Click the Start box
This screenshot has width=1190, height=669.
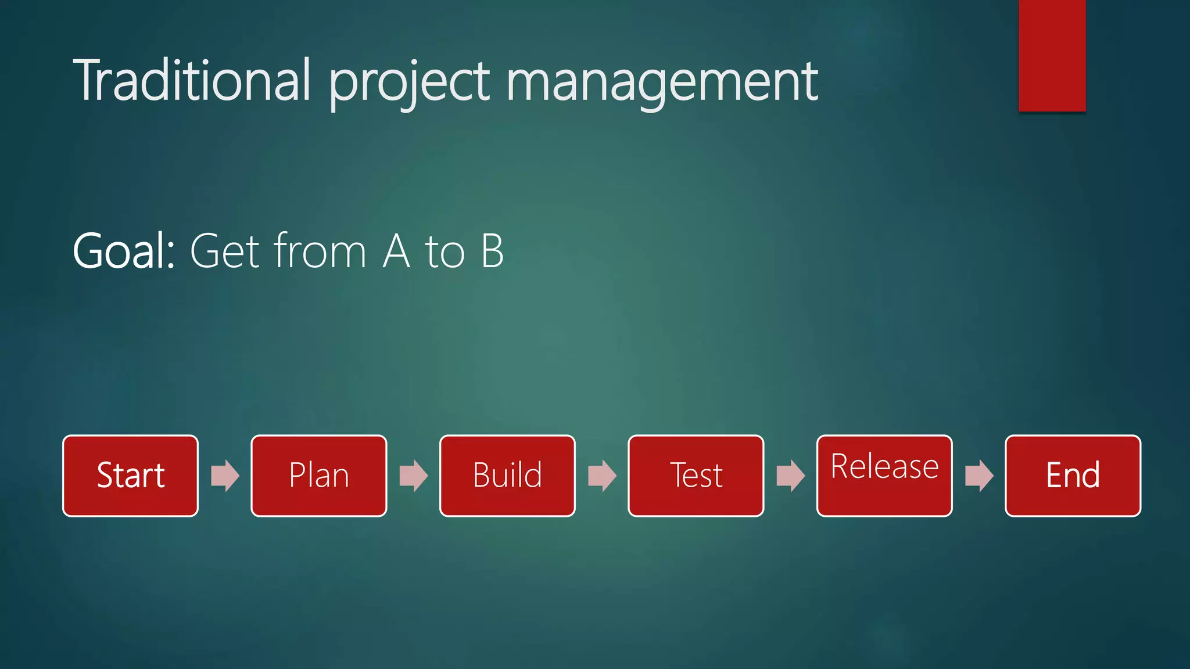130,476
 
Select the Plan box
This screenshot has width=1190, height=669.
318,476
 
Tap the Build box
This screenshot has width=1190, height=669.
507,476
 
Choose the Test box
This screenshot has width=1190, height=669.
696,476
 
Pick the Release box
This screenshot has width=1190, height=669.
884,476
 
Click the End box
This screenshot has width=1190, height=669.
1073,476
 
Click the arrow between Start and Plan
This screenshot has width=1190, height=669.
225,476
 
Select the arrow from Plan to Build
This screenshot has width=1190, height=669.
413,476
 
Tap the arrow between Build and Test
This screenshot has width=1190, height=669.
602,476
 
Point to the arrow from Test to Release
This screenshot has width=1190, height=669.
790,476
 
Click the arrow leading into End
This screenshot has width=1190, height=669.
979,476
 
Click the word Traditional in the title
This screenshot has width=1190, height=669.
192,81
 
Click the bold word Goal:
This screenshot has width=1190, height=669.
124,251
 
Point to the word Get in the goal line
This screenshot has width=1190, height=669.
224,251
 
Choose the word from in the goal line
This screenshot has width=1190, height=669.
320,250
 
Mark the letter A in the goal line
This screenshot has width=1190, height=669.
396,251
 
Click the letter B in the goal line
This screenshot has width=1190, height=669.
492,251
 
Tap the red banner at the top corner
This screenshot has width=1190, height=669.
1052,55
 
